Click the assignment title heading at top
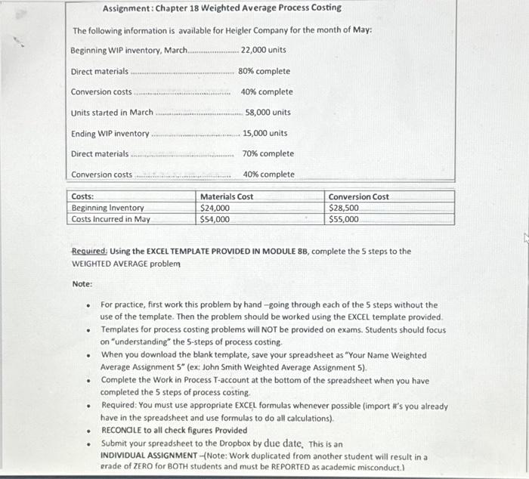[221, 8]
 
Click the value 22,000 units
[263, 50]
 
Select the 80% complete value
[264, 71]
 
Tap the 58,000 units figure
[268, 113]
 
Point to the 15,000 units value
[264, 134]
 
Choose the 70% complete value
[268, 154]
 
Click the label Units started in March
[112, 113]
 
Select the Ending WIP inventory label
[110, 134]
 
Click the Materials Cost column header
[227, 197]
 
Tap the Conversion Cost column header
[359, 197]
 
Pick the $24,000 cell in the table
[215, 208]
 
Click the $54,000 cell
[215, 219]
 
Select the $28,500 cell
[344, 208]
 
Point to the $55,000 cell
[344, 219]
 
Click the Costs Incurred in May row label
[110, 219]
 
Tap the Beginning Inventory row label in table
[107, 208]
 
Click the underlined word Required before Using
[89, 252]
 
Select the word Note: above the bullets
[82, 284]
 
